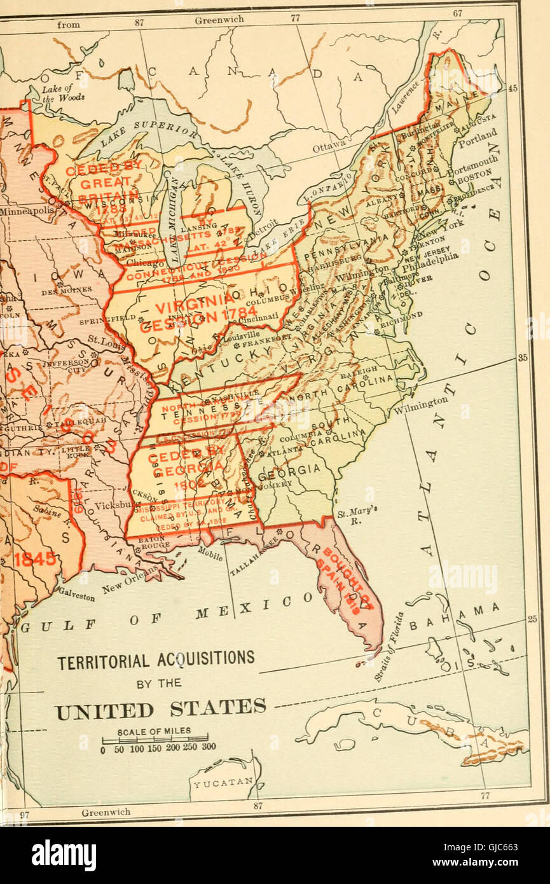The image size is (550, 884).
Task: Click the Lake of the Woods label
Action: pos(57,93)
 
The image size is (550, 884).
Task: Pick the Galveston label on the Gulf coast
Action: pos(76,594)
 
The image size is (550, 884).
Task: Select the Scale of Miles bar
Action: pos(155,740)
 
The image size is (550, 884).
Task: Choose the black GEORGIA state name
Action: pos(289,470)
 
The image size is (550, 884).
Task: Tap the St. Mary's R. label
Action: pos(350,515)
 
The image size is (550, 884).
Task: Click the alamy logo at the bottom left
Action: pos(64,855)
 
